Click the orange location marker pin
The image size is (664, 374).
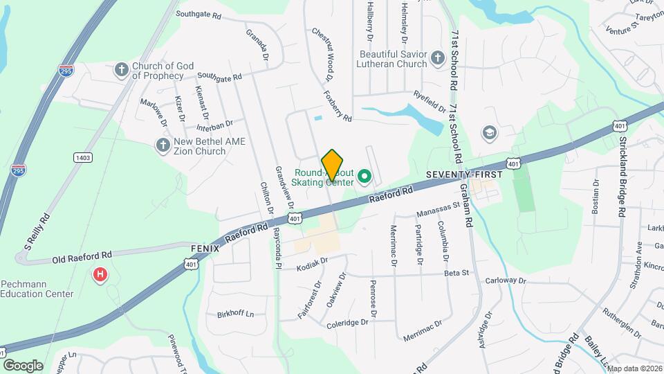332,165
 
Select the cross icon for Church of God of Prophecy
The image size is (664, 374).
122,69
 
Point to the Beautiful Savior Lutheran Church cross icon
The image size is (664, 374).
437,58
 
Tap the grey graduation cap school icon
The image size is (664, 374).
490,132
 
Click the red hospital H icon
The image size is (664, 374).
101,276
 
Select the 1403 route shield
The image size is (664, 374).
83,158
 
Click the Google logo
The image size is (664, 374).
23,365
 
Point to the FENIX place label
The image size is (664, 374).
205,248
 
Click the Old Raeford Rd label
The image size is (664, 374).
81,259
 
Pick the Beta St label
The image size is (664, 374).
456,273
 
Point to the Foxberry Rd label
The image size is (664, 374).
338,104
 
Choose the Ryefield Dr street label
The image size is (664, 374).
429,101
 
